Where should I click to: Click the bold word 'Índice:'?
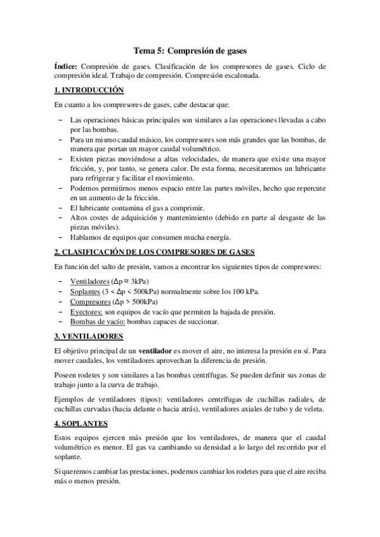click(x=66, y=66)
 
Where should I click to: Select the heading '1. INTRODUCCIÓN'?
click(x=88, y=91)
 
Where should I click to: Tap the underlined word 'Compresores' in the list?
click(x=89, y=301)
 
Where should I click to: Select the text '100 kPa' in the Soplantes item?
click(x=247, y=291)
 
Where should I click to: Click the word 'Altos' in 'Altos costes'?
click(x=80, y=217)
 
